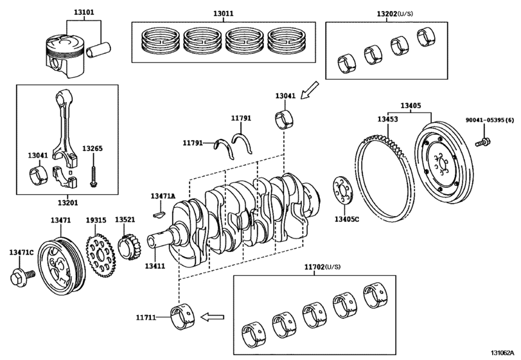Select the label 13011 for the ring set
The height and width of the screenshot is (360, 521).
pyautogui.click(x=224, y=12)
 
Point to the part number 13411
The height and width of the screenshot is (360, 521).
pyautogui.click(x=155, y=265)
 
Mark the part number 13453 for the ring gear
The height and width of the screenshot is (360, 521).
pyautogui.click(x=387, y=120)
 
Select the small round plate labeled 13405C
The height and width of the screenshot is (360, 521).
pyautogui.click(x=341, y=191)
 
